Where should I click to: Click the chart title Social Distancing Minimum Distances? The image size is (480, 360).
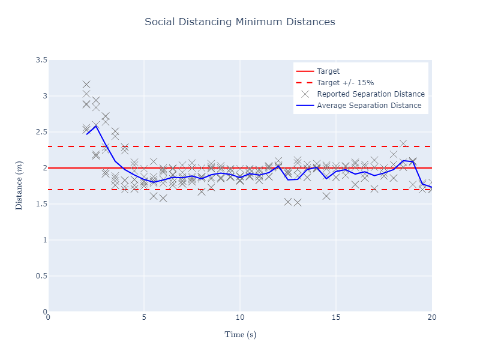pyautogui.click(x=240, y=22)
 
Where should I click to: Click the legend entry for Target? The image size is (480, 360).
pyautogui.click(x=328, y=71)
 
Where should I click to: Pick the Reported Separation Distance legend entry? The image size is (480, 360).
pyautogui.click(x=371, y=94)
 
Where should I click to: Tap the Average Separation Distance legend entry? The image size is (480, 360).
pyautogui.click(x=369, y=106)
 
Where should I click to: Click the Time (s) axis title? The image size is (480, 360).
pyautogui.click(x=240, y=334)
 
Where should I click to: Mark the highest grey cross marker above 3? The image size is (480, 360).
pyautogui.click(x=86, y=85)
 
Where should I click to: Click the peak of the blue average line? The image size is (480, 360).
pyautogui.click(x=96, y=125)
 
